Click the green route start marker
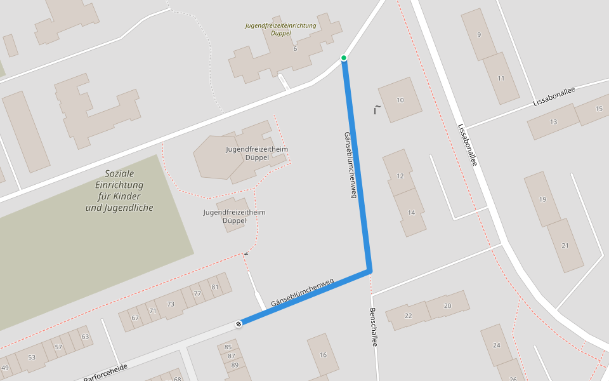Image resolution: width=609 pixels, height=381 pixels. (344, 58)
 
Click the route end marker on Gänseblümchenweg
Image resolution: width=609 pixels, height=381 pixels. (239, 324)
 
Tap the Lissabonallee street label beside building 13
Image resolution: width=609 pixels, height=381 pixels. (554, 96)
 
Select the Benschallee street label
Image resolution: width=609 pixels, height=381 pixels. (374, 327)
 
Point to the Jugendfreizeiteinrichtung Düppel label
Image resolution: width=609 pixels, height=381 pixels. (280, 29)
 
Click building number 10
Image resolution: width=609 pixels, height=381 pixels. (400, 100)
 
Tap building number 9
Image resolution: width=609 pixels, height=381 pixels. (479, 34)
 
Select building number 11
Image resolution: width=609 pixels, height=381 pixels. (501, 78)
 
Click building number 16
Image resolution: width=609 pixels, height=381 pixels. (323, 354)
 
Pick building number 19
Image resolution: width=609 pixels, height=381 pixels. (542, 199)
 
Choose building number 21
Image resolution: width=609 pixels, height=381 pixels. (565, 245)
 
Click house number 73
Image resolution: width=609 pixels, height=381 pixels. (170, 304)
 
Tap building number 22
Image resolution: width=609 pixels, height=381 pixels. (408, 316)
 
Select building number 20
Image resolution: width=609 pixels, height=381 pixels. (447, 305)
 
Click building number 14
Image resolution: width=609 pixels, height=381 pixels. (411, 212)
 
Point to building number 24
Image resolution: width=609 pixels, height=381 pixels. (496, 345)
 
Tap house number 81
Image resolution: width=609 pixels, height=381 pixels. (215, 287)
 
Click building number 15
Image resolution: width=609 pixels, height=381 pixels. (599, 109)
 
